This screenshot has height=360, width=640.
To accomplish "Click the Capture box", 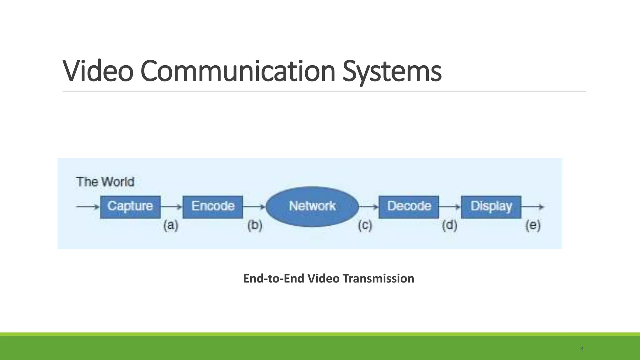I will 130,207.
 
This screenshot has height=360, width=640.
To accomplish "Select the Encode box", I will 213,207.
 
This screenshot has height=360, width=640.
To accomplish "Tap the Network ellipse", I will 312,206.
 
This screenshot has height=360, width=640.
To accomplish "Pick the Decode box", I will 409,207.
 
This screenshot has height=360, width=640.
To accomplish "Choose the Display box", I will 491,207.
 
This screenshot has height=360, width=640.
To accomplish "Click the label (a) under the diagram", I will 171,225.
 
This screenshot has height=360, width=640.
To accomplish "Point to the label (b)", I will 255,225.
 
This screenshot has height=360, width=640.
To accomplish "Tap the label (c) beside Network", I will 365,225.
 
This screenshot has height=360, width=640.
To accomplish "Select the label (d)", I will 449,225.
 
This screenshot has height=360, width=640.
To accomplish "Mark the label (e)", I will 533,225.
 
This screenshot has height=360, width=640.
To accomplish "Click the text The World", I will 105,182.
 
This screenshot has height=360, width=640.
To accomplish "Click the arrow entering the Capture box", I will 87,207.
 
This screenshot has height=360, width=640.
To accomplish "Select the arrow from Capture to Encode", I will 171,207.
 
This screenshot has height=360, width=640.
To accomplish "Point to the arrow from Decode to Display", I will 450,207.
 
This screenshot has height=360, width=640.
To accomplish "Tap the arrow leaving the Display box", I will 533,207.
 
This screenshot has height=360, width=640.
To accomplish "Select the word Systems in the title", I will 392,71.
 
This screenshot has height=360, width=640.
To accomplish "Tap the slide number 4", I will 582,349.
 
